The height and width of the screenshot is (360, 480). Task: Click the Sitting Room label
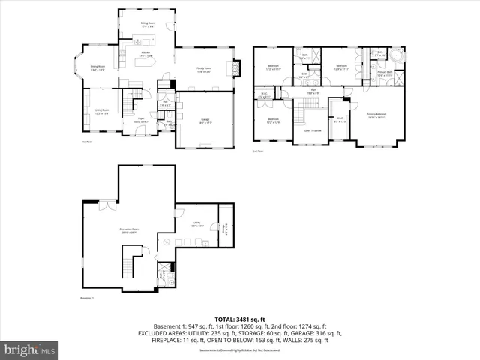coord(147,25)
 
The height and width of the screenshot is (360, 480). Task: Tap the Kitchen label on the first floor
coord(145,55)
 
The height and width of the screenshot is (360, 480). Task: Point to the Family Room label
coord(203,69)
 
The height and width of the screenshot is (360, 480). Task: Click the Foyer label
coord(140,119)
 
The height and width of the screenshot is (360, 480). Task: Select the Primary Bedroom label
coord(376,115)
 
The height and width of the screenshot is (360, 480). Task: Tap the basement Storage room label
coord(222,228)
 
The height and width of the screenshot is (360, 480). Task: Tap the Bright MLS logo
coord(29,349)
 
